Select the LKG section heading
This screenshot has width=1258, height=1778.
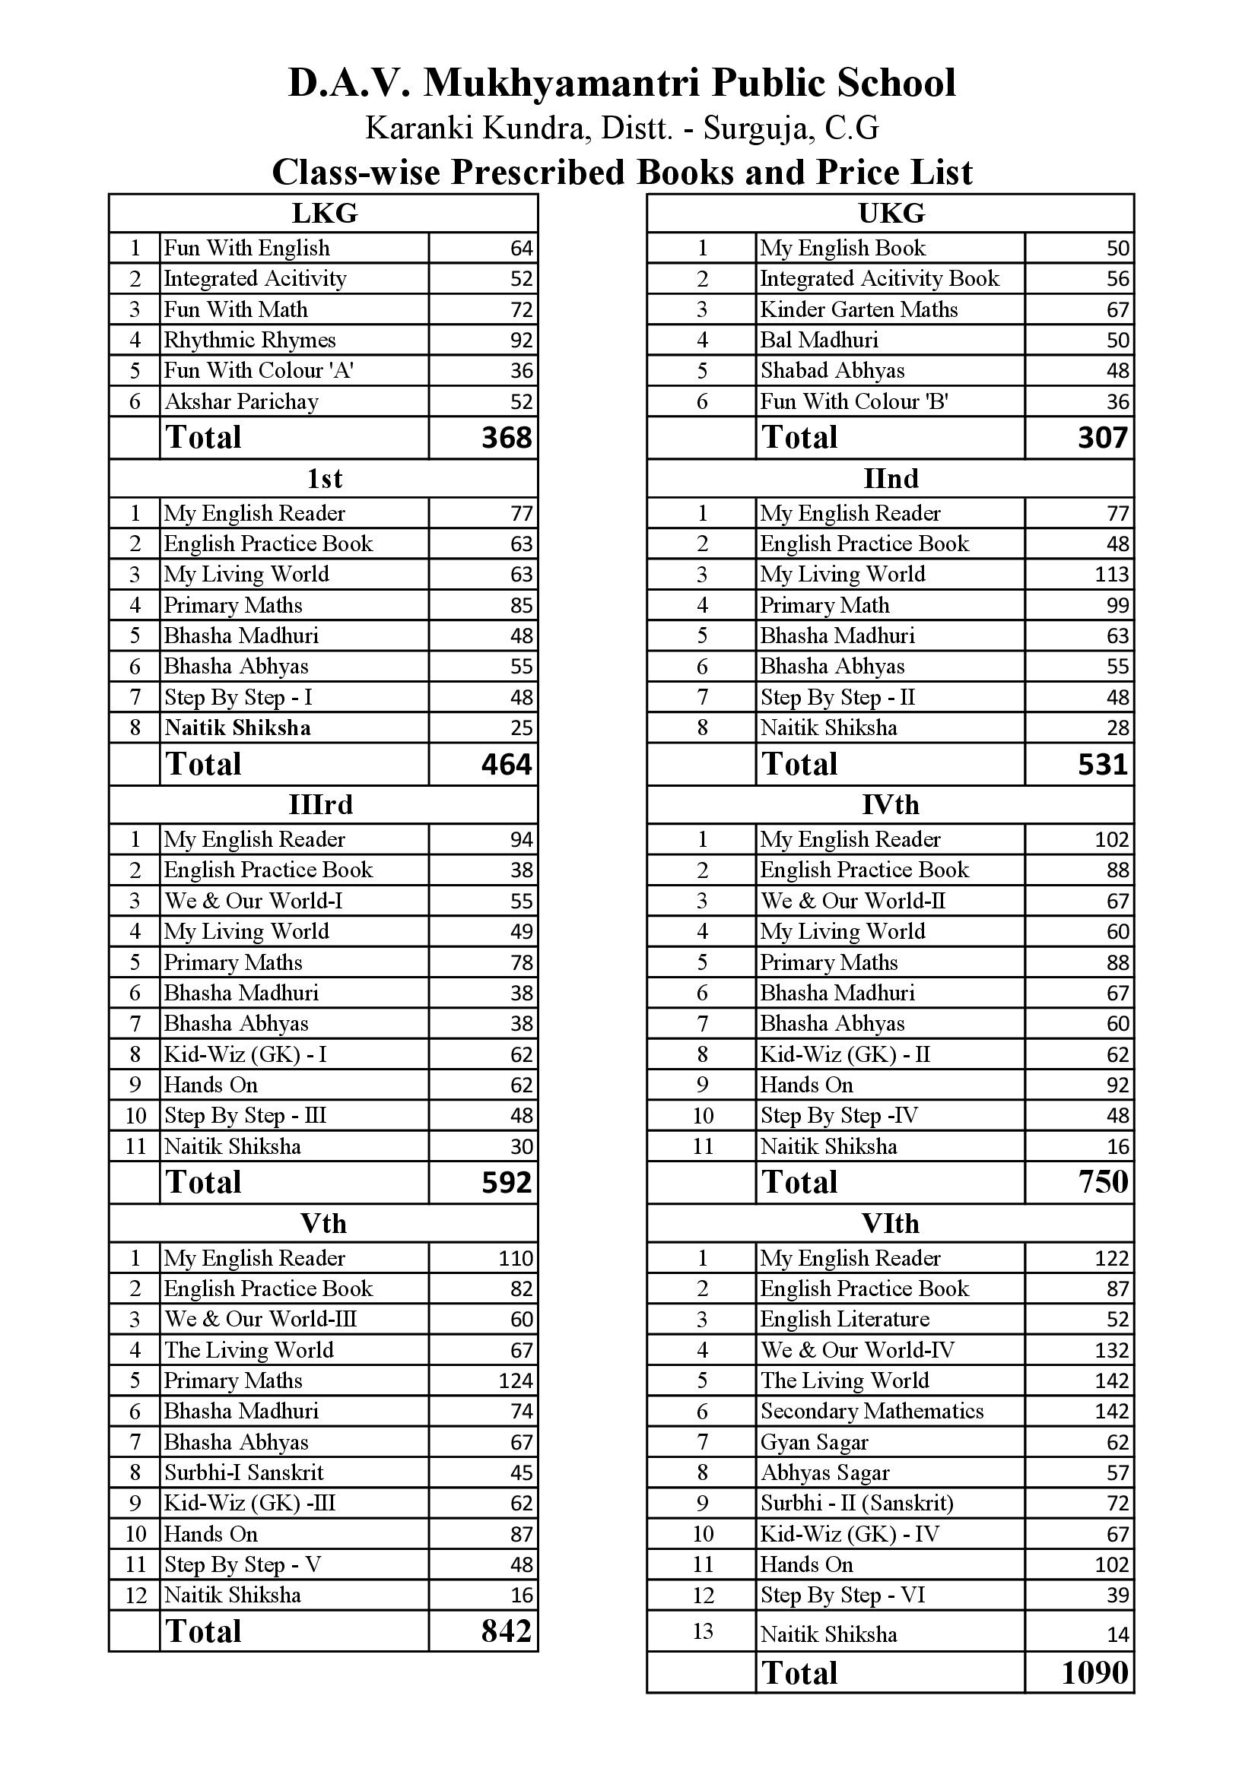pos(324,213)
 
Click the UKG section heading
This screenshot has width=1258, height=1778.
pos(891,213)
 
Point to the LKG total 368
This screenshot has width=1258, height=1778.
pos(507,439)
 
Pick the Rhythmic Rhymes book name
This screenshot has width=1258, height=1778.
pos(249,340)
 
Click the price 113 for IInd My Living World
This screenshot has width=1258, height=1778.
pos(1112,575)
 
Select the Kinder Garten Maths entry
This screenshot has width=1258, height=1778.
pos(858,309)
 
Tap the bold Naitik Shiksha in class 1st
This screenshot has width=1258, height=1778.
pos(237,728)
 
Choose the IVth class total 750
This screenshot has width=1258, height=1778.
pos(1103,1182)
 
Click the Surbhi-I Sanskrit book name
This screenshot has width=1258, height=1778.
pos(243,1472)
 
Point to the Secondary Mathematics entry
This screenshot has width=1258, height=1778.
pos(872,1411)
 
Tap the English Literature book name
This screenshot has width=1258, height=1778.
pos(844,1319)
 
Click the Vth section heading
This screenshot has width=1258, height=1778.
pos(324,1224)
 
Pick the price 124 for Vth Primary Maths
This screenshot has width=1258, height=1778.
pos(515,1380)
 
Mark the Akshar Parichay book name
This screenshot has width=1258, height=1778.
pos(241,402)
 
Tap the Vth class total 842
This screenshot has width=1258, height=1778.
pos(507,1631)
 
